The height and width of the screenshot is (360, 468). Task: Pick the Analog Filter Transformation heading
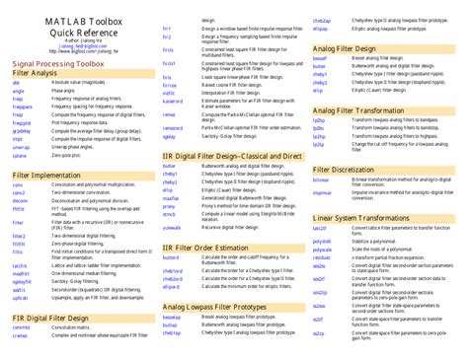(360, 110)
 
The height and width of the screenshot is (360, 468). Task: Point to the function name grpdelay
(22, 129)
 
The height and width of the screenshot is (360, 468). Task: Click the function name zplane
(19, 156)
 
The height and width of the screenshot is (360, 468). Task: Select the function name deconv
(19, 199)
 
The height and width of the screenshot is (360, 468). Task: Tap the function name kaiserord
(173, 101)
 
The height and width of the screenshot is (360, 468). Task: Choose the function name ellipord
(170, 286)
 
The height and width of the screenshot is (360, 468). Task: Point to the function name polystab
(322, 240)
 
